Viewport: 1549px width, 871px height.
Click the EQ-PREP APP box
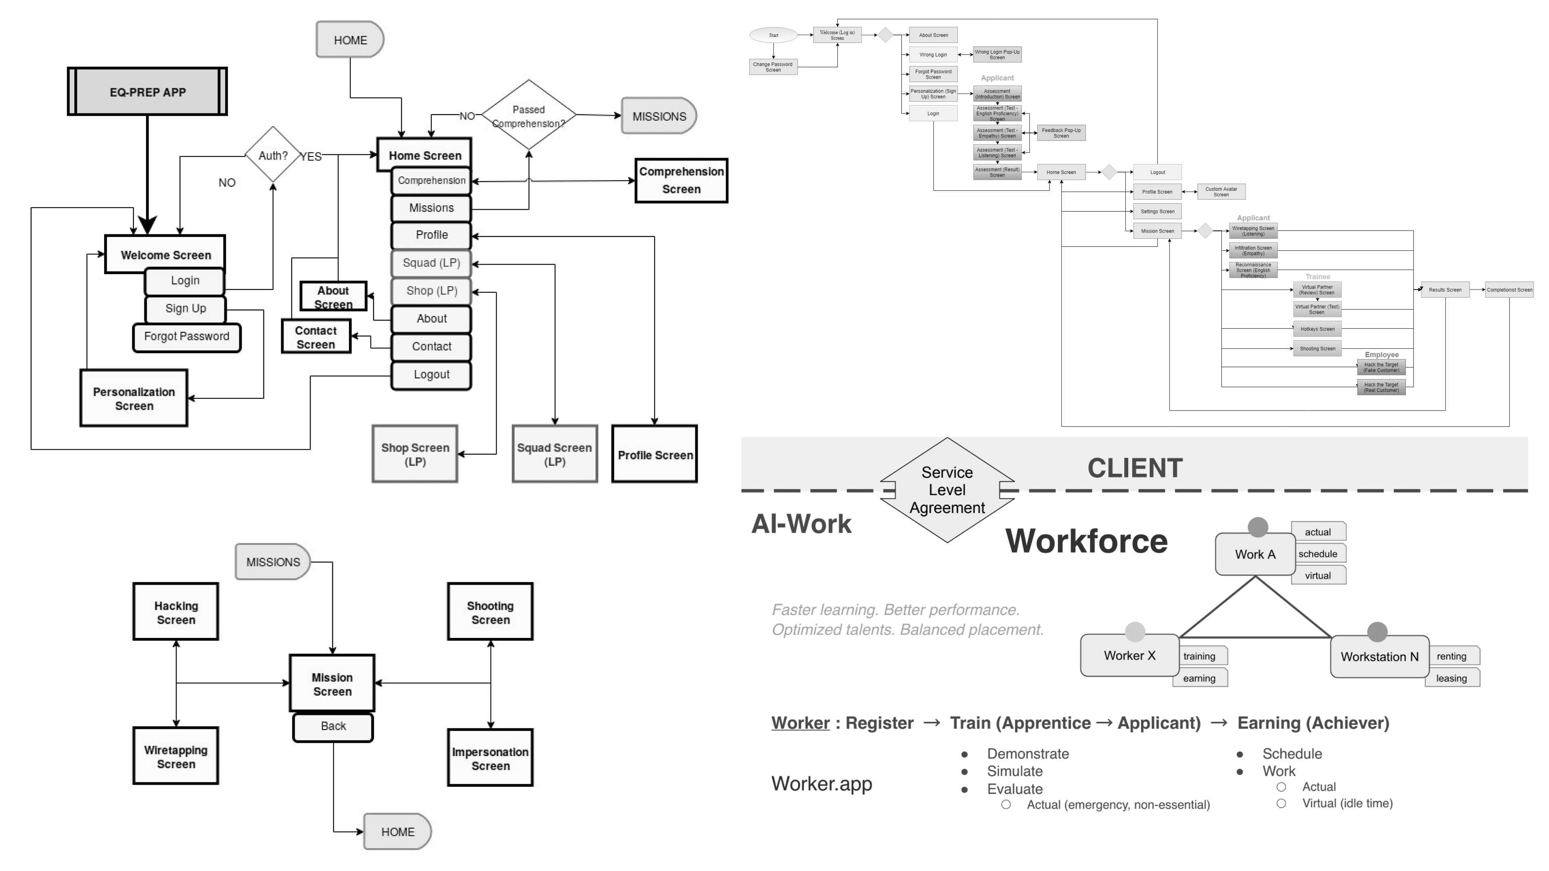tap(147, 92)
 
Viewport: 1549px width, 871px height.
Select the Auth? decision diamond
tap(273, 155)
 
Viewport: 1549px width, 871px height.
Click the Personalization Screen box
tap(134, 398)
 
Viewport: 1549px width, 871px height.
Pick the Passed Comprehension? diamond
tap(528, 115)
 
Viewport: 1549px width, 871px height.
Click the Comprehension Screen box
tap(681, 180)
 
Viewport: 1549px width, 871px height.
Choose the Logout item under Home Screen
tap(431, 375)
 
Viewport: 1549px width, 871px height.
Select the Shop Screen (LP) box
tap(415, 454)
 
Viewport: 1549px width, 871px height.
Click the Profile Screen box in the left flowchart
tap(655, 455)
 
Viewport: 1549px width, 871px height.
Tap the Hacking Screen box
tap(175, 612)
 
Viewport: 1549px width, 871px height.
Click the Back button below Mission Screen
tap(333, 726)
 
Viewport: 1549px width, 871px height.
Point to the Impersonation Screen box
tap(490, 758)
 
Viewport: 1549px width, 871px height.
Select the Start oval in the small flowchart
tap(773, 35)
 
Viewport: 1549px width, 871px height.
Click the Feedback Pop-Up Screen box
tap(1061, 133)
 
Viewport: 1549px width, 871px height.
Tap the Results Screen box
tap(1445, 290)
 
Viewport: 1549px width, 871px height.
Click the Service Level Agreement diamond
tap(947, 490)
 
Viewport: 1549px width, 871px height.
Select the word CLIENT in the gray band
tap(1135, 468)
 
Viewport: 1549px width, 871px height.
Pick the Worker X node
tap(1129, 655)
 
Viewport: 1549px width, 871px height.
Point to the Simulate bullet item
tap(1015, 771)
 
